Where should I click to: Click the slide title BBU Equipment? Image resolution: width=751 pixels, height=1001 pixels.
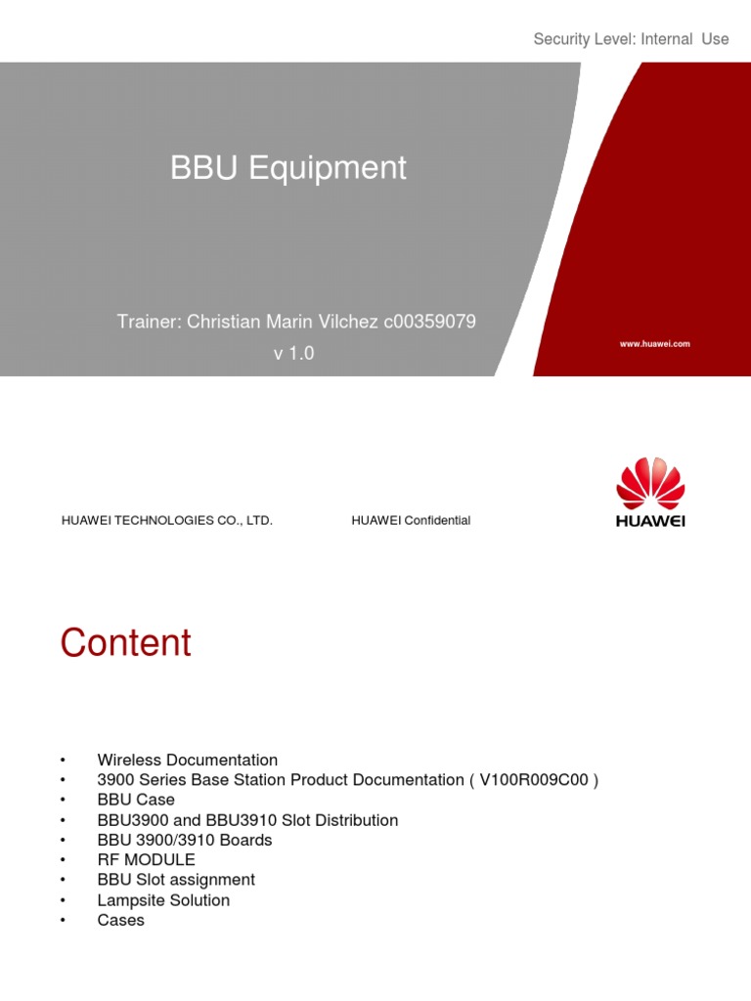point(288,168)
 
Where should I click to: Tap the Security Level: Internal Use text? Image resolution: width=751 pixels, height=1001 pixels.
point(631,39)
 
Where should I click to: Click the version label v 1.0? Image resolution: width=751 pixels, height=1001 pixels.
point(293,354)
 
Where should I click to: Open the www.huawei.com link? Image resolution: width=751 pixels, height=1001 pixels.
point(654,344)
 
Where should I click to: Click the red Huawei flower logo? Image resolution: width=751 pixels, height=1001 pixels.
point(650,483)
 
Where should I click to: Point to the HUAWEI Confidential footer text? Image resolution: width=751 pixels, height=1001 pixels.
point(411,521)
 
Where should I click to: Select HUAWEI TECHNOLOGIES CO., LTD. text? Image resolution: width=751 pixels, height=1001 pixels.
point(166,521)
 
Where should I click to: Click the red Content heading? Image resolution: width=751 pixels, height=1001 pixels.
point(126,643)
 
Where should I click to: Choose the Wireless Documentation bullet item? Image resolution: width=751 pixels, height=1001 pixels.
point(188,760)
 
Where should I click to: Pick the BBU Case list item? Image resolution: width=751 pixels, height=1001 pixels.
point(136,800)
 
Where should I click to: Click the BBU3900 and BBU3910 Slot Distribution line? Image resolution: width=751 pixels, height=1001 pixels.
point(247,820)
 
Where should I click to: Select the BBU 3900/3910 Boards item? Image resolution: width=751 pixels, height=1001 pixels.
point(185,840)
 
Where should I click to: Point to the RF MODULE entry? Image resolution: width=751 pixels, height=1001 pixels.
point(147,860)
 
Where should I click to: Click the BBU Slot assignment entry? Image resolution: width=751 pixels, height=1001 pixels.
point(176,880)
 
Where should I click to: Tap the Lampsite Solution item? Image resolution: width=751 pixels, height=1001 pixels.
point(163,900)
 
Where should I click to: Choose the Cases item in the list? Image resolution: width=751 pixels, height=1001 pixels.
point(121,920)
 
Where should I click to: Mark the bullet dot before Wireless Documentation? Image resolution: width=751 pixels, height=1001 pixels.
point(63,761)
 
